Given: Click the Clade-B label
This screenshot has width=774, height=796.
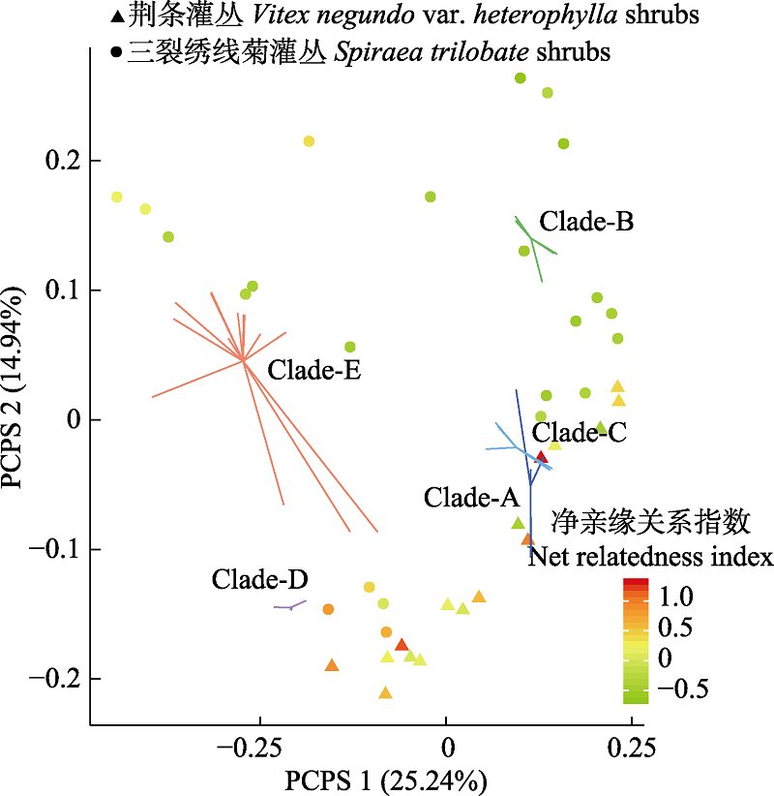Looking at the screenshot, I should (586, 222).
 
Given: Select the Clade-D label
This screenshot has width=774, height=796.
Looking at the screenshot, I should (260, 580).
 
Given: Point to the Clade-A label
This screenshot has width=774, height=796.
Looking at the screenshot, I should (472, 498).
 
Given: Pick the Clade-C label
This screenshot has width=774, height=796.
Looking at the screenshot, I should (580, 432).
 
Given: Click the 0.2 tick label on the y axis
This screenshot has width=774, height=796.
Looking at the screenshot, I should (59, 161).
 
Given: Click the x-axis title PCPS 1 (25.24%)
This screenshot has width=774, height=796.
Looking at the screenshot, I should (384, 779).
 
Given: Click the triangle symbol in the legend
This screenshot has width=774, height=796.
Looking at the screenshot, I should (116, 17).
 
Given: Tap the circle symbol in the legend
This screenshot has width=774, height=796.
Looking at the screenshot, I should (116, 52).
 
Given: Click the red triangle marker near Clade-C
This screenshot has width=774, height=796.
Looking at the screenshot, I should (542, 456).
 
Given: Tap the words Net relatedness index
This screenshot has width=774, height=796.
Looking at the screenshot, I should (649, 558).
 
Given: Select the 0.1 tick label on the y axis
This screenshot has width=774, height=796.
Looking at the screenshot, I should (59, 291).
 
